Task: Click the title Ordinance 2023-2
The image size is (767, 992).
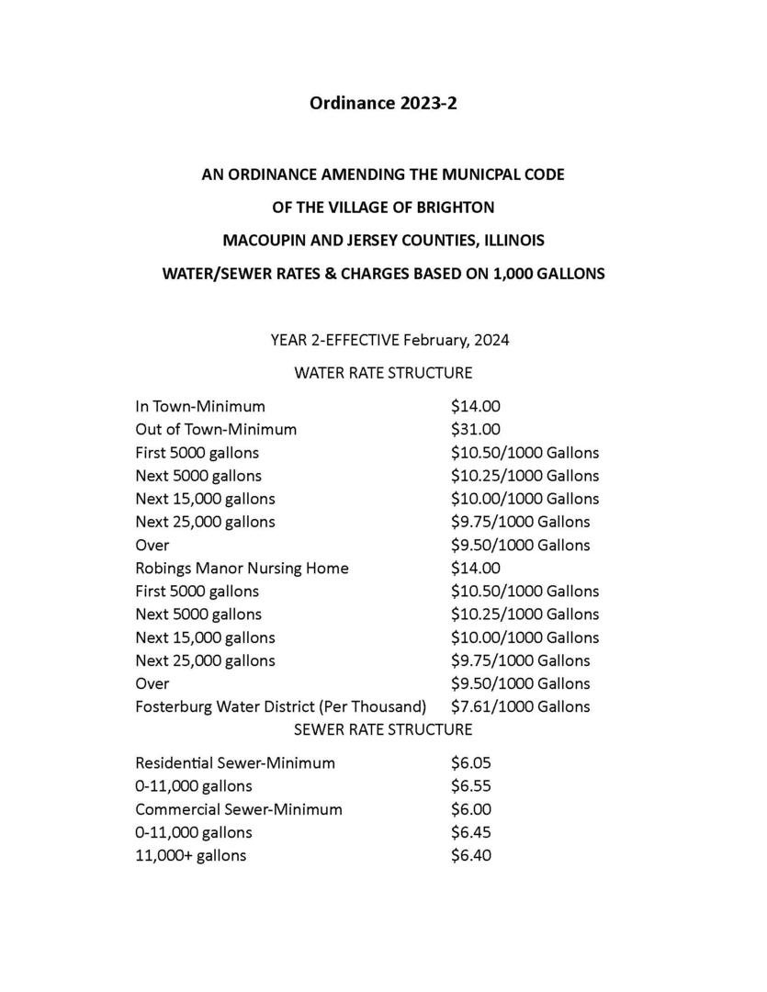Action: [x=383, y=103]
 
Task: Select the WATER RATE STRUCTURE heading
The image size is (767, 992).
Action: [x=383, y=373]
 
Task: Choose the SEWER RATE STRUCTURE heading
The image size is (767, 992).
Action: [x=383, y=729]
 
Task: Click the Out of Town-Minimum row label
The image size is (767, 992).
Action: [x=216, y=429]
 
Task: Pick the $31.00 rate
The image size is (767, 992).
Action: [x=475, y=429]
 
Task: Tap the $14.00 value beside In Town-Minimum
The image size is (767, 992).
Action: [x=475, y=406]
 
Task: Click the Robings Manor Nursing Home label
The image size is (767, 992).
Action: [x=242, y=568]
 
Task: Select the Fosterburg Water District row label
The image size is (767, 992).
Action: [x=280, y=706]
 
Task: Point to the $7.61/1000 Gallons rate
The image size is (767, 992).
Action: [x=520, y=706]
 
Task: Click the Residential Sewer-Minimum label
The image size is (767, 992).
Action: [x=235, y=762]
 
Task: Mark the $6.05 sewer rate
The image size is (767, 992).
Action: [x=471, y=762]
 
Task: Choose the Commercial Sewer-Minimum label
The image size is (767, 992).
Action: [x=239, y=809]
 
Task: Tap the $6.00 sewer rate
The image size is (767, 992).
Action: [x=471, y=809]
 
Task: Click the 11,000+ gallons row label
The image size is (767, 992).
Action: [x=190, y=855]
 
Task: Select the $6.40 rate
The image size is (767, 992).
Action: [x=471, y=855]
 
